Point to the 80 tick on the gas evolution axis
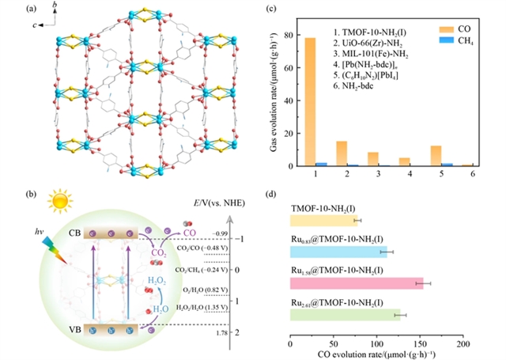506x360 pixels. pyautogui.click(x=286, y=36)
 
